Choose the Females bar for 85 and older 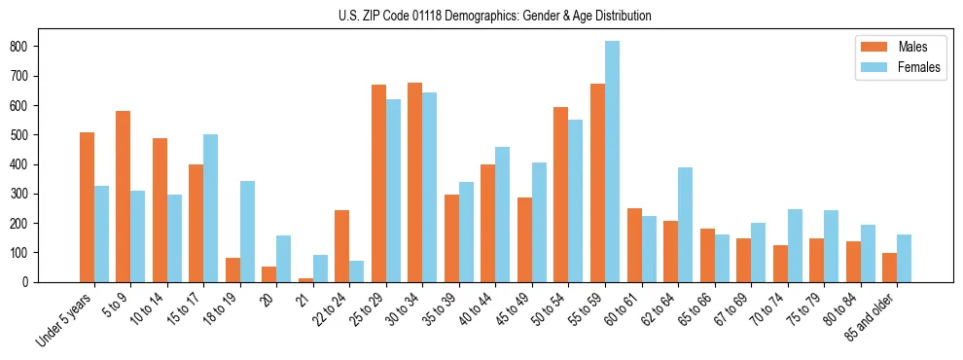(905, 258)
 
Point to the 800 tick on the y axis (37, 46)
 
